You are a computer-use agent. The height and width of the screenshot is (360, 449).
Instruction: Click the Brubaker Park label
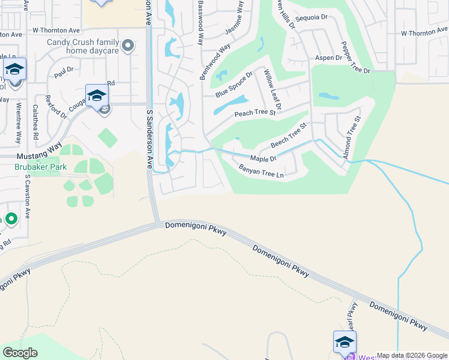point(41,167)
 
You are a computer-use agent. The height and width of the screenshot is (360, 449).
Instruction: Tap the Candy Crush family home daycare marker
point(127,45)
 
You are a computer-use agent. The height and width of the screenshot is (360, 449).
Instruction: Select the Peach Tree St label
point(255,112)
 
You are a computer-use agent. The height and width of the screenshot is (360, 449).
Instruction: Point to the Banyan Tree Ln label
point(261,171)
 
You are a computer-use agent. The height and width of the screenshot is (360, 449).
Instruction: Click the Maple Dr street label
point(263,158)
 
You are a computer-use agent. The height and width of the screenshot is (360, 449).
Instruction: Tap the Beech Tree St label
point(289,137)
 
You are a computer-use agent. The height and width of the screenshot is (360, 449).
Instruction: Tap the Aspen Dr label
point(329,58)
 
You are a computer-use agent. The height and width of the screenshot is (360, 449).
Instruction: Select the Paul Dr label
point(63,73)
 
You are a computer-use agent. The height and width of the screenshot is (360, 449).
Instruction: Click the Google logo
point(20,353)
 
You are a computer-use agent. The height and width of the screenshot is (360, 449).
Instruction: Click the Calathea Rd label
point(35,122)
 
